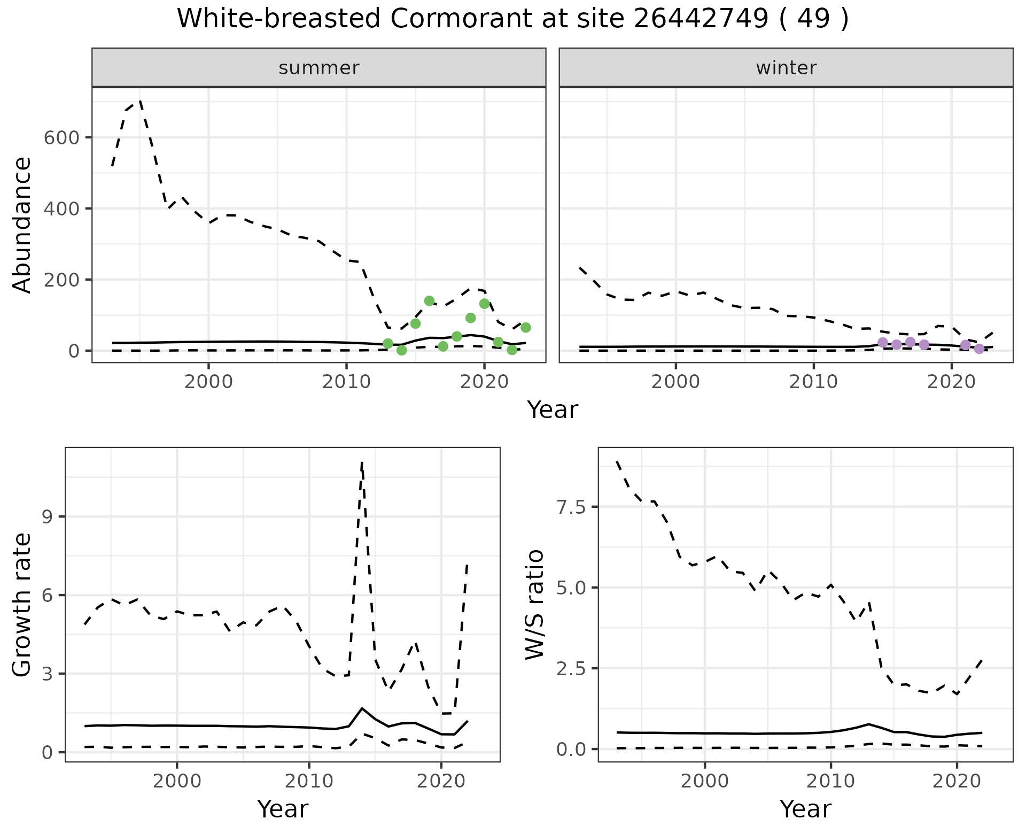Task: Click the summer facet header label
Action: (x=319, y=68)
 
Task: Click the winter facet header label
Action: (x=786, y=68)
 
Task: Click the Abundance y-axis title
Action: (x=22, y=225)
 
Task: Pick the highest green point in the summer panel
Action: (x=429, y=301)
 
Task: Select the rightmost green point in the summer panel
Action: (x=525, y=327)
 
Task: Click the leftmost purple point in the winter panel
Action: (x=883, y=342)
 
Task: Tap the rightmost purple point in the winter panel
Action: (x=979, y=349)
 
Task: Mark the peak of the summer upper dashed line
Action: (x=140, y=100)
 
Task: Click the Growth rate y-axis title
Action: (x=22, y=605)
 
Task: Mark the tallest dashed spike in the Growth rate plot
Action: (x=362, y=461)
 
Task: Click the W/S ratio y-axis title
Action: (x=534, y=604)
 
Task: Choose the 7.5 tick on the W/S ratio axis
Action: (x=572, y=507)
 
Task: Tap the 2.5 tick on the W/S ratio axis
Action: (x=572, y=668)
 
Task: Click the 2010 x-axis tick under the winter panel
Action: (x=813, y=383)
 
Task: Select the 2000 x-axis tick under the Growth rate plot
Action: (x=177, y=781)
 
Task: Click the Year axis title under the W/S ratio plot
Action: (x=805, y=809)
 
